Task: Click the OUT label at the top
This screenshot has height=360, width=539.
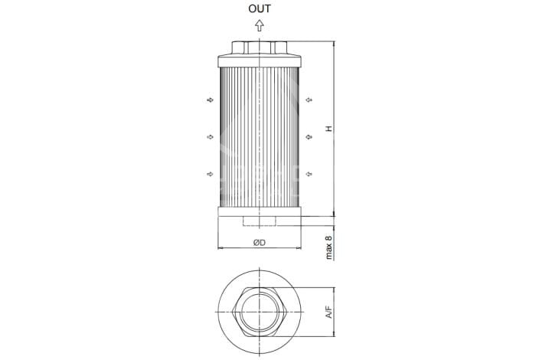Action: pos(260,9)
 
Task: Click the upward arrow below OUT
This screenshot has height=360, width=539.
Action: pos(260,25)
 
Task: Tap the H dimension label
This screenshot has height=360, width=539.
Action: pos(329,129)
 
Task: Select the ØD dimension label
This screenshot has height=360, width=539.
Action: pos(260,243)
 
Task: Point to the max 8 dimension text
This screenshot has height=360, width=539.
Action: pos(329,247)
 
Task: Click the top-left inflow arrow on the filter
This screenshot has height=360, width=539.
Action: pos(210,100)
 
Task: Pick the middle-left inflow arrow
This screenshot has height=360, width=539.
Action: pos(210,137)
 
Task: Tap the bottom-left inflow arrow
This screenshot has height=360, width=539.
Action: pos(210,174)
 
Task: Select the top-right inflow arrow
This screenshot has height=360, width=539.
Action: pos(309,100)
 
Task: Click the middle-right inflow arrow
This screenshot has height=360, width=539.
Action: pos(309,137)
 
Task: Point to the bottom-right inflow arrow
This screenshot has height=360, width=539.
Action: pos(309,174)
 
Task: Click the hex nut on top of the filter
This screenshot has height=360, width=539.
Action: pos(260,47)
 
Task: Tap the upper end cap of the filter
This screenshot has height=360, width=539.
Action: pos(260,61)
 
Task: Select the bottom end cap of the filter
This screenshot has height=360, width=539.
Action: pos(260,211)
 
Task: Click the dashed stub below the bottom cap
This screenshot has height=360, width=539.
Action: pos(260,221)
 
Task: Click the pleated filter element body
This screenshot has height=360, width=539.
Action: pos(260,137)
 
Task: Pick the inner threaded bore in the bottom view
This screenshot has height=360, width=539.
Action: pos(260,313)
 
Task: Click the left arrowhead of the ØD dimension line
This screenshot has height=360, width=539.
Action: pos(220,247)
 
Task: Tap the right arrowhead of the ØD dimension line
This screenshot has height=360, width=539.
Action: pos(299,247)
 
